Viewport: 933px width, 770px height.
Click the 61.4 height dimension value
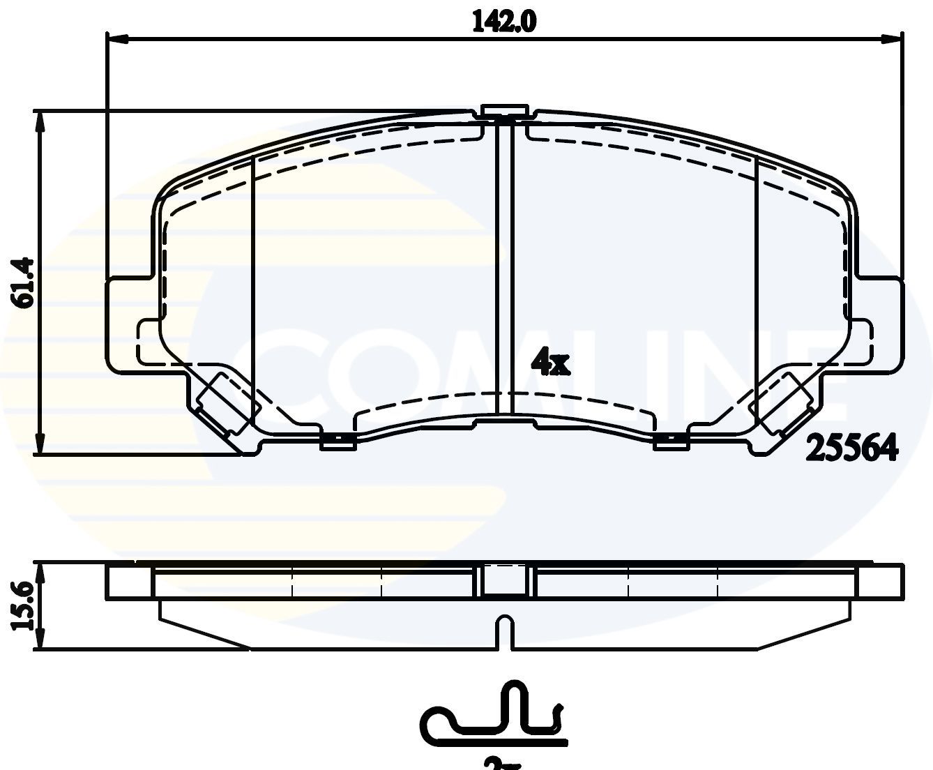click(24, 282)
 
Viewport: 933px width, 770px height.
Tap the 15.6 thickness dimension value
click(24, 605)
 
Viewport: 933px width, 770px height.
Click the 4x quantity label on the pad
click(550, 362)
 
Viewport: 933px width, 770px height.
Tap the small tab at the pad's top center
click(503, 112)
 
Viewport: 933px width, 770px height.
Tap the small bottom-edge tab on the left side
click(337, 441)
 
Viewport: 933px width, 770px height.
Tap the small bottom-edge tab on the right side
click(670, 441)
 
